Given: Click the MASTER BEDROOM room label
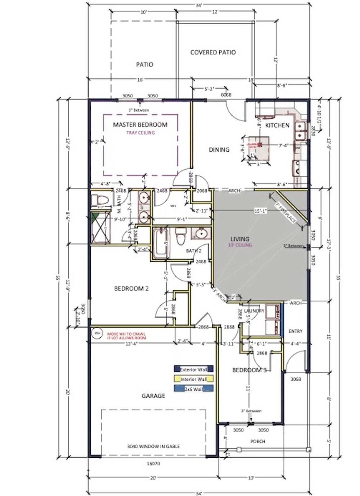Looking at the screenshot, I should (140, 125).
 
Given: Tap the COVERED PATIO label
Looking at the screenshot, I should (213, 52).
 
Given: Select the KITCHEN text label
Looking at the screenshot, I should (277, 125).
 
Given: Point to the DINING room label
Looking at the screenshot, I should (219, 150).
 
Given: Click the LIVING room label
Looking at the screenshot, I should (240, 239).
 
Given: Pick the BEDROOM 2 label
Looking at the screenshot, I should (131, 288).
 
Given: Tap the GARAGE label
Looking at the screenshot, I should (153, 396).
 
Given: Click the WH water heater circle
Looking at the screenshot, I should (97, 333).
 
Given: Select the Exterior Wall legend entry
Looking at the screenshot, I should (194, 369).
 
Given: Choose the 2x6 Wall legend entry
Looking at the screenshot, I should (194, 389).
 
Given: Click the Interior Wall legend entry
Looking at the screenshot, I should (194, 379).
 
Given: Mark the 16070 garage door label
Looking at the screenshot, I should (153, 464).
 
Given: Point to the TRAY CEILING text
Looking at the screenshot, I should (140, 133).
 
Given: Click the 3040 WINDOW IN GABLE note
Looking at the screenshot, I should (153, 446).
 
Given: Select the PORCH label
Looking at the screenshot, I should (258, 441).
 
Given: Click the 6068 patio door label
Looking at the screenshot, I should (226, 95).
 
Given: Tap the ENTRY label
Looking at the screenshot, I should (296, 332).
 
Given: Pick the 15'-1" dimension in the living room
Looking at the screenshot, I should (260, 211).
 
